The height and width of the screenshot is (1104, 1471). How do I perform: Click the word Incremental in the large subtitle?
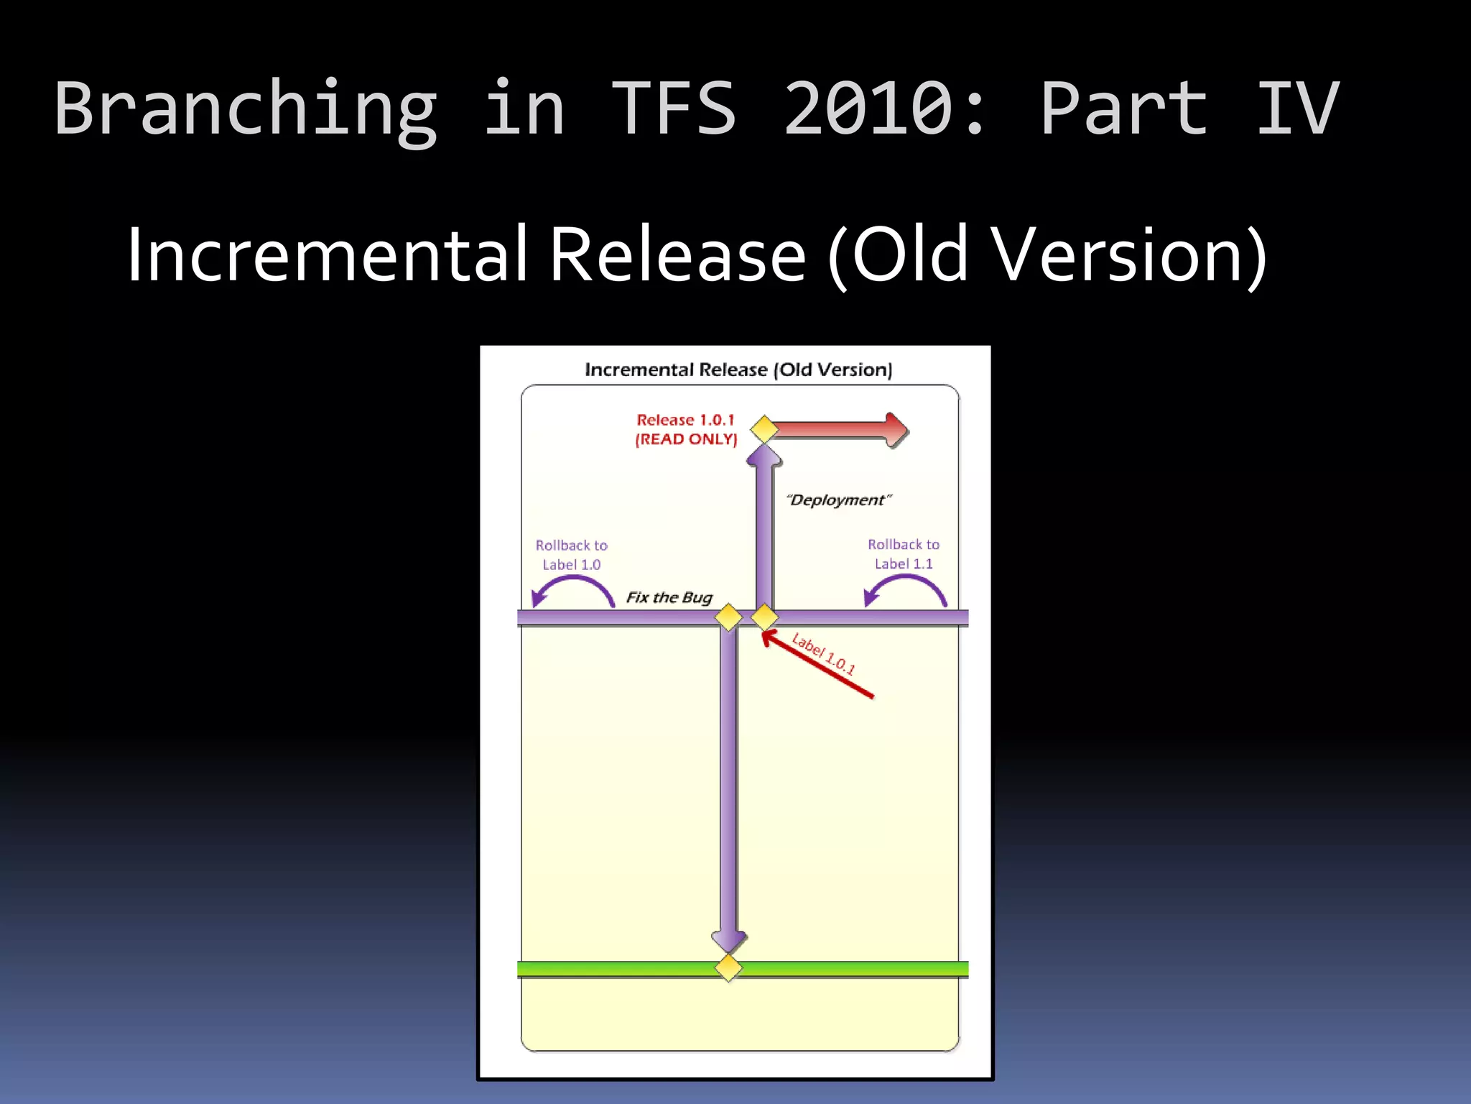[x=328, y=254]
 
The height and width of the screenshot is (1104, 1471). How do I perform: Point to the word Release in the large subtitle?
[x=677, y=254]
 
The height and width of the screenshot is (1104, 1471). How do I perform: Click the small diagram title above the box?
[x=738, y=369]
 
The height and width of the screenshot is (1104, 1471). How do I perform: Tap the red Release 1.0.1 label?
[x=685, y=420]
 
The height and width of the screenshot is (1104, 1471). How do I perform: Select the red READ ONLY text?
[x=686, y=439]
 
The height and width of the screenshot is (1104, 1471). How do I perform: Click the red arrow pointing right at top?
[x=840, y=430]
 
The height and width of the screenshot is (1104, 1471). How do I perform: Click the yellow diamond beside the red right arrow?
[x=764, y=430]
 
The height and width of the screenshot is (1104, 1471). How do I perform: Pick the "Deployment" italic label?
[x=838, y=500]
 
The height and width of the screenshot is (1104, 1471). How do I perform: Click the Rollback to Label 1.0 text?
[x=571, y=555]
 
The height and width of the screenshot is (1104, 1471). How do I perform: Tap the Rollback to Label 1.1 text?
[x=904, y=554]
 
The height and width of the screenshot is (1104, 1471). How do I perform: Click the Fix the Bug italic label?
[x=669, y=597]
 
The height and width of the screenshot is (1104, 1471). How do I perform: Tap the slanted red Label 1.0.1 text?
[x=823, y=654]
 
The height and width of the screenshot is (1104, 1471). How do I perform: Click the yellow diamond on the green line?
[x=728, y=967]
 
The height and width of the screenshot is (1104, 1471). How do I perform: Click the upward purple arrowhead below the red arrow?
[x=764, y=456]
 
